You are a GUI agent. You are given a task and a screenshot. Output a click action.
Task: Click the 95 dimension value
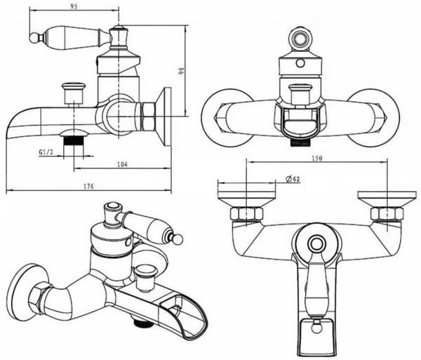[74, 6]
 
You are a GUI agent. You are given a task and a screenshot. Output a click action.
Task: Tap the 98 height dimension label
[182, 71]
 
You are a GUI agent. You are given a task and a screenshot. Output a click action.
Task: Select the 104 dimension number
[122, 164]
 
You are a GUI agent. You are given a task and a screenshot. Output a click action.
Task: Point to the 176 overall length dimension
[88, 186]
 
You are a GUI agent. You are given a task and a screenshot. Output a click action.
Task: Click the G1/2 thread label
[46, 152]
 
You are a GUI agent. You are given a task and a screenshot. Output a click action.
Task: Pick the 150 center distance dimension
[317, 158]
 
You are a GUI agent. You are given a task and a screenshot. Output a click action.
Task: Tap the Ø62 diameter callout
[293, 179]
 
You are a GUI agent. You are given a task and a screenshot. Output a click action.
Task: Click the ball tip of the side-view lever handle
[34, 38]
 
